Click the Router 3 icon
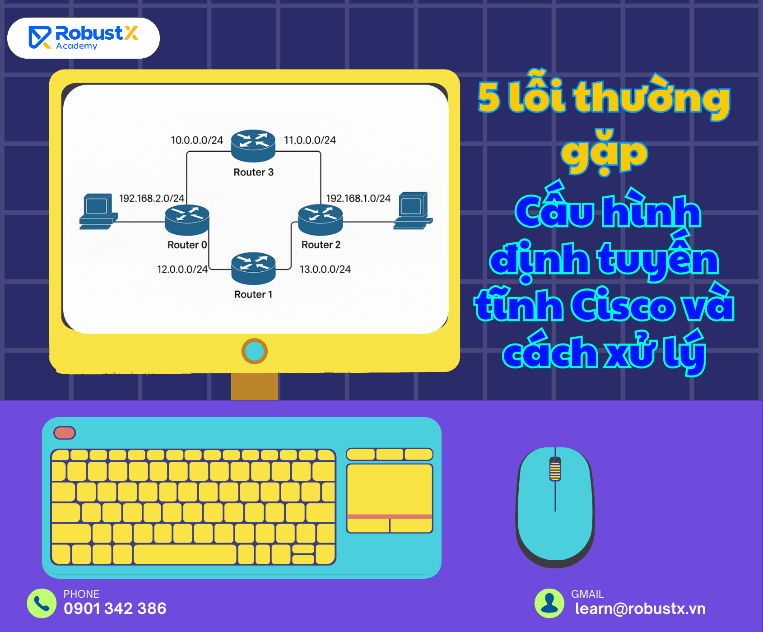click(x=253, y=146)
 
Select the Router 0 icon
click(x=187, y=220)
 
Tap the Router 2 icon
click(x=321, y=220)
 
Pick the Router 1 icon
click(x=253, y=268)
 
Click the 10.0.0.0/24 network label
click(x=197, y=140)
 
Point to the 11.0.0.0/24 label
click(x=310, y=140)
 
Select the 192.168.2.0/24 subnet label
click(x=152, y=198)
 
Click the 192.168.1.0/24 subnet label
click(x=358, y=198)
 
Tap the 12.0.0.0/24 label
click(x=182, y=270)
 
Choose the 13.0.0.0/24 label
click(x=325, y=270)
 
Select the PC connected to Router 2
click(x=413, y=211)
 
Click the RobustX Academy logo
click(x=84, y=38)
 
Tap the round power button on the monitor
click(x=255, y=351)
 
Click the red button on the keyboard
click(x=65, y=433)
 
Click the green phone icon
click(x=42, y=603)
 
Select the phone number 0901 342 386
click(x=115, y=609)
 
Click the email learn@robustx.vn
click(x=640, y=609)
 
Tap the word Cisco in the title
click(x=623, y=306)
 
